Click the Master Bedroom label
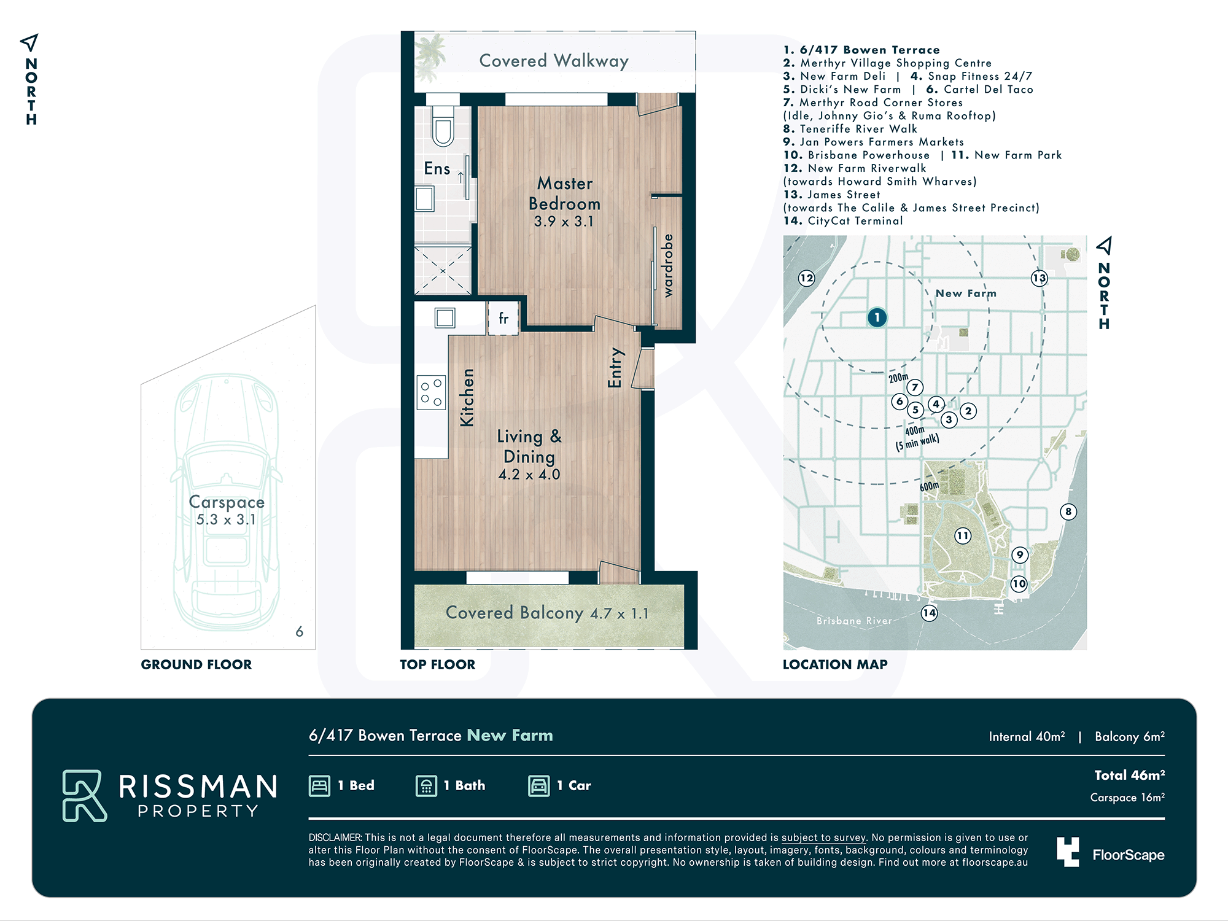[x=565, y=193]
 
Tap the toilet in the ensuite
[x=443, y=126]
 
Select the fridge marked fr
[x=503, y=318]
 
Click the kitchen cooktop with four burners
[x=432, y=392]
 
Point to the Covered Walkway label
[x=554, y=61]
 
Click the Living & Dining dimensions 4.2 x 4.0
[x=529, y=475]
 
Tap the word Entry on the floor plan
[x=615, y=368]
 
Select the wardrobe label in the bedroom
[x=668, y=265]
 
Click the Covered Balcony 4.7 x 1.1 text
[x=547, y=613]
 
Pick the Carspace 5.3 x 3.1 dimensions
[x=226, y=519]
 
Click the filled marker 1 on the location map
[x=877, y=317]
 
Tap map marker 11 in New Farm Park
[x=962, y=536]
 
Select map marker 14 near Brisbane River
[x=930, y=613]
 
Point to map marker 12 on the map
[x=806, y=278]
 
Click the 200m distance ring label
[x=898, y=378]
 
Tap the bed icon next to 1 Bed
[x=319, y=786]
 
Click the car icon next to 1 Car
[x=539, y=786]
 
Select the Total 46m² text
[x=1130, y=775]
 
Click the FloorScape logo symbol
[x=1068, y=852]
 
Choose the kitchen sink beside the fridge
[x=445, y=318]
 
